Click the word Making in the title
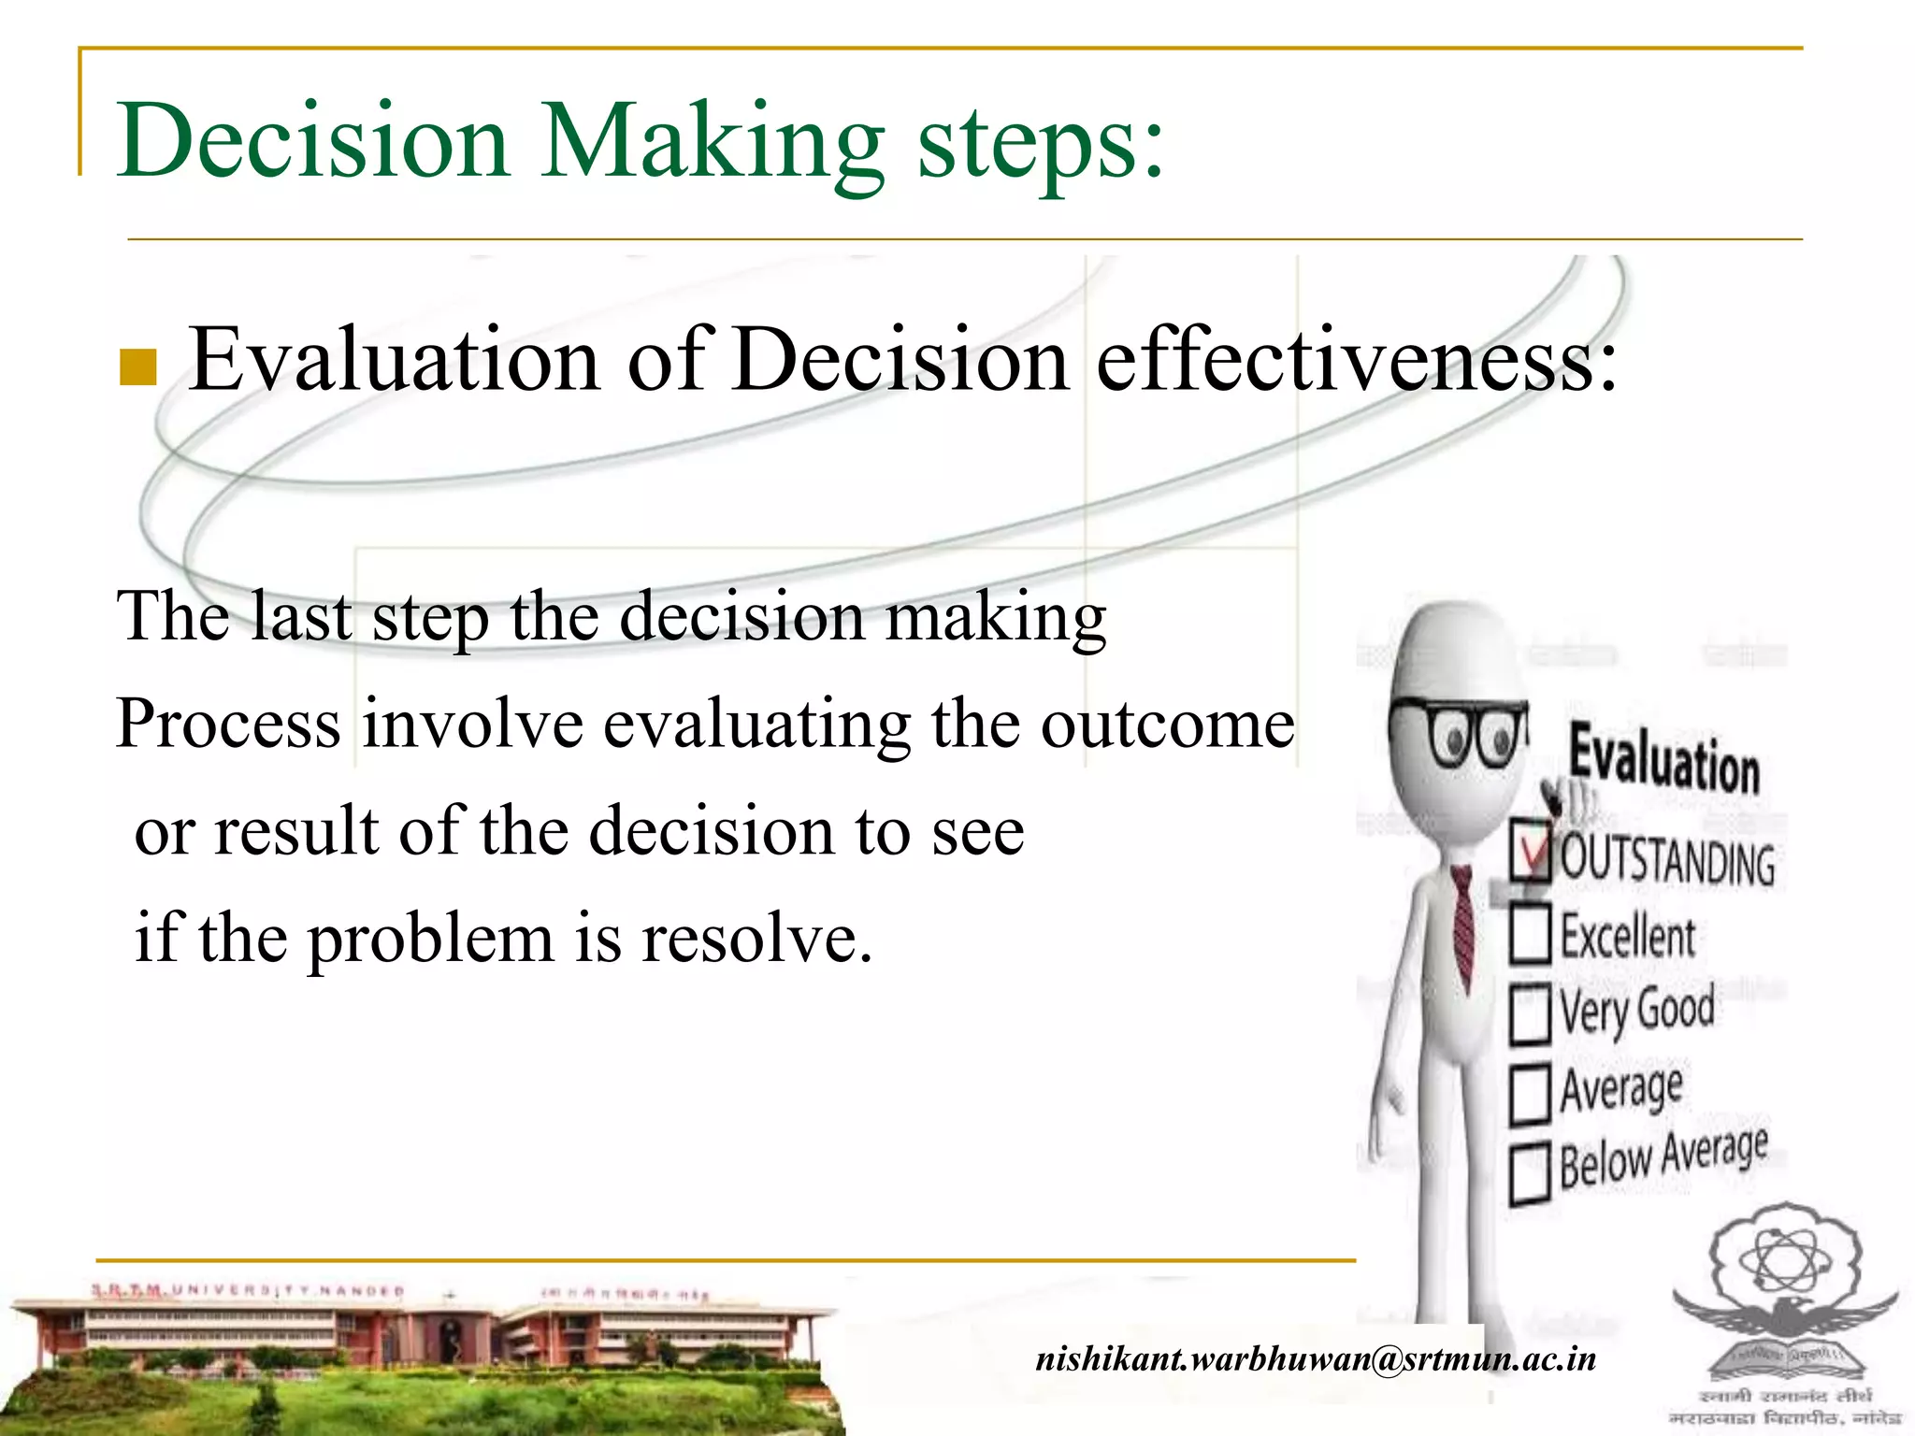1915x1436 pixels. [711, 142]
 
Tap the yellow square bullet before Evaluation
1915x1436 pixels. [137, 367]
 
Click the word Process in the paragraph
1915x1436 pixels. [228, 725]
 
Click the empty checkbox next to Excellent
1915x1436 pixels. [1531, 933]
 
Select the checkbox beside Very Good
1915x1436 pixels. [1531, 1012]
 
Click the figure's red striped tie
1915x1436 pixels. [1462, 926]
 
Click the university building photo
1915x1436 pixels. [421, 1356]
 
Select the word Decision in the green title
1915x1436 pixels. [313, 142]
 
